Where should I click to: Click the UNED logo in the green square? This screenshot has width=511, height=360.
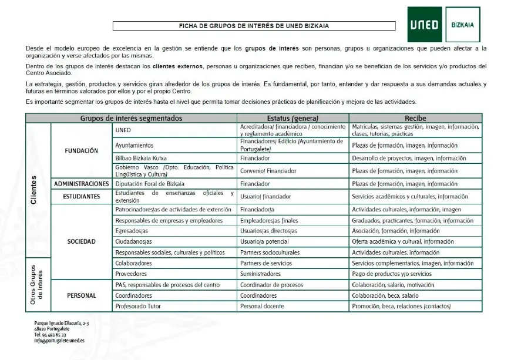coord(424,25)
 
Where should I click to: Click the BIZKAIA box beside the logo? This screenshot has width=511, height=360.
coord(463,25)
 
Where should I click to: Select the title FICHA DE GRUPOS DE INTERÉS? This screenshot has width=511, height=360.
coord(254,26)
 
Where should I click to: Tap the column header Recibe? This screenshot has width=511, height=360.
coord(415,118)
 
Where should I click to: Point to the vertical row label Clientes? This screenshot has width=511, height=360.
coord(33,190)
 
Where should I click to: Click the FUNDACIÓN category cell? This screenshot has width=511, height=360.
coord(81,150)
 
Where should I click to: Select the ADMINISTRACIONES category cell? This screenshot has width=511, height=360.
coord(82,184)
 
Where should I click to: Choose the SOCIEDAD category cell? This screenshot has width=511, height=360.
coord(81,241)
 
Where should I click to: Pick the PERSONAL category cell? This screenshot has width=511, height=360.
coord(81,295)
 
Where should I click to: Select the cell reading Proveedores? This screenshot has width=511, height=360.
coord(131,274)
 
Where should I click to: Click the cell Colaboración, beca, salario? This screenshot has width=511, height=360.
coord(385,295)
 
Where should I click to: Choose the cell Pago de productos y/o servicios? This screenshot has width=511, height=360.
coord(392,274)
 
